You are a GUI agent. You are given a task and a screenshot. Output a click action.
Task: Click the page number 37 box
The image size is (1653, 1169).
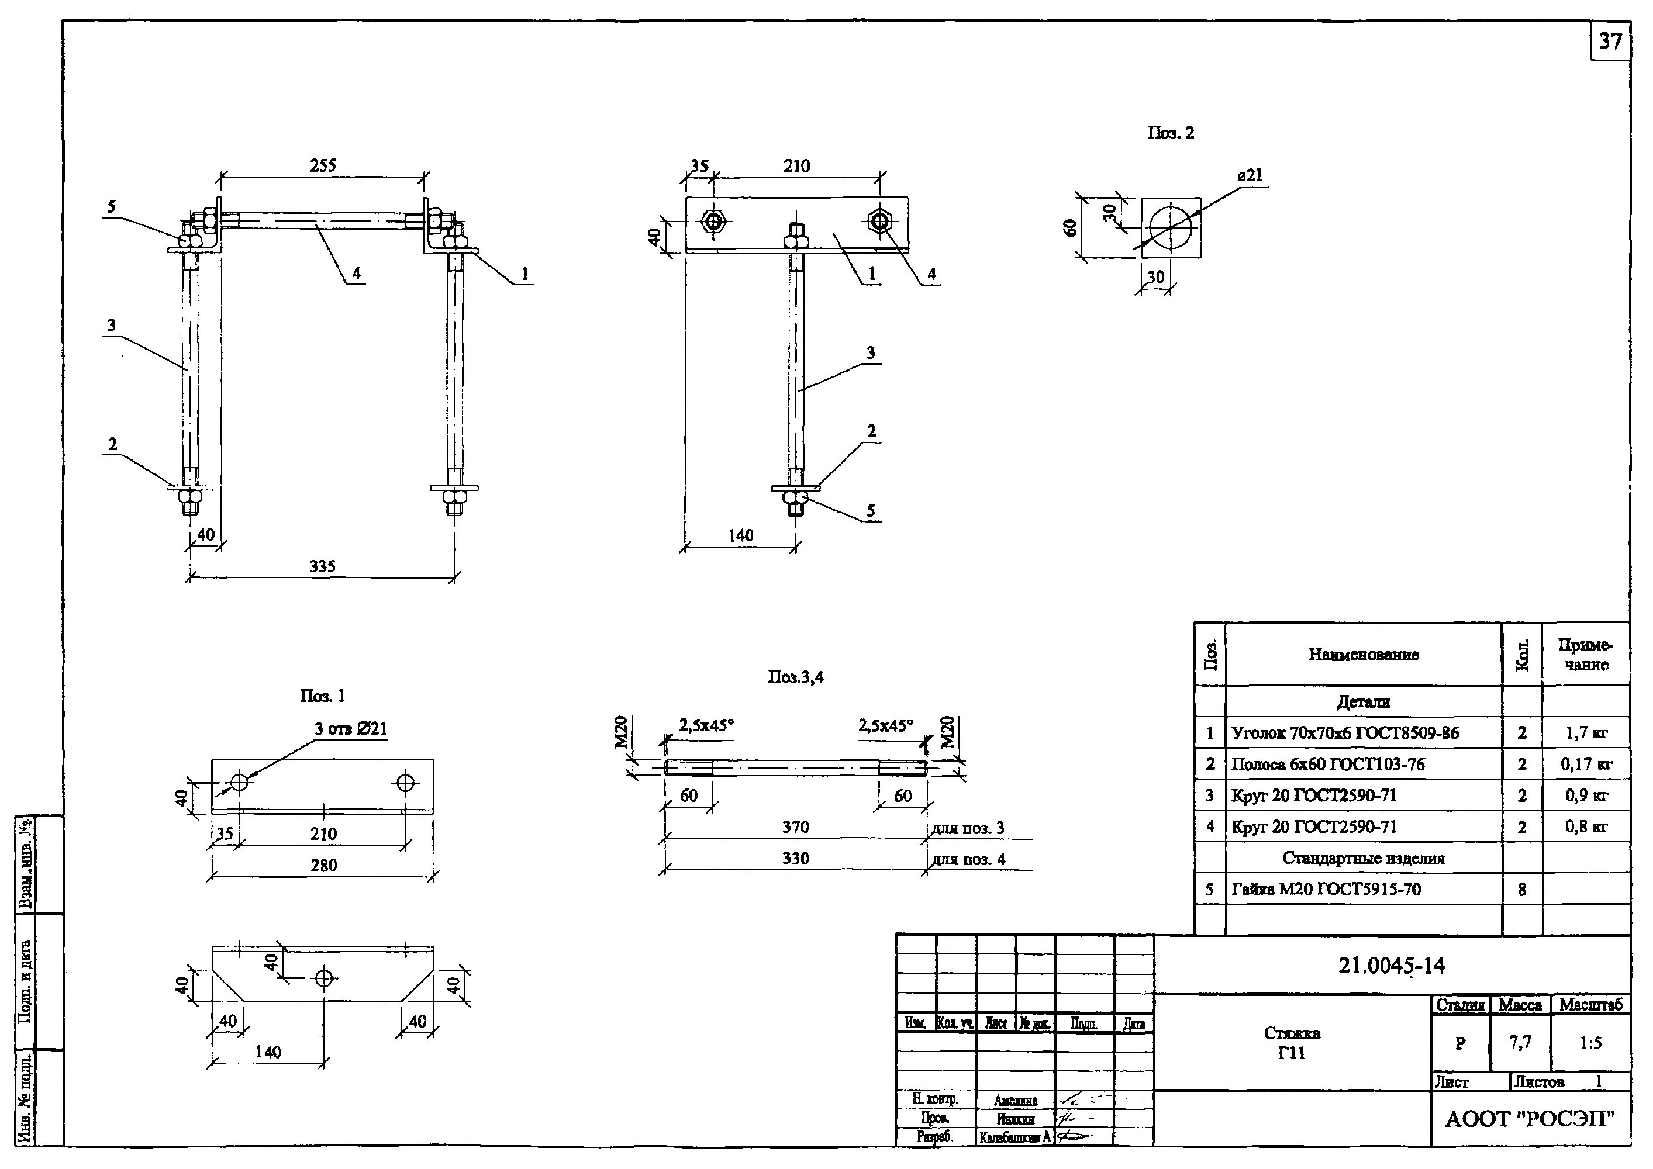coord(1610,41)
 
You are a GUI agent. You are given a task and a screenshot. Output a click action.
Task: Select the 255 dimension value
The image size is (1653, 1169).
coord(323,165)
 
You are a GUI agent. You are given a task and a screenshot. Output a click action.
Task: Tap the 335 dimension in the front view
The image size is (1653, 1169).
coord(323,566)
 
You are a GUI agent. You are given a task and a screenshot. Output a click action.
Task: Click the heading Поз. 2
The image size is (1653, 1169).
coord(1171,133)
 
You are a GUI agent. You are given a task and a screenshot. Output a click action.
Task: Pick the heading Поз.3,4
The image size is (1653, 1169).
coord(796,677)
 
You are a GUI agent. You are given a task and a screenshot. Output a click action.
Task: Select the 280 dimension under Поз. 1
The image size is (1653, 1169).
coord(323,865)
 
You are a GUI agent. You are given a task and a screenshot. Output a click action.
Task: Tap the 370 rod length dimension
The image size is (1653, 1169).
coord(796,828)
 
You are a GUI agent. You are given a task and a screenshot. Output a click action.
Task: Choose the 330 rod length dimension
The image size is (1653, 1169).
coord(796,859)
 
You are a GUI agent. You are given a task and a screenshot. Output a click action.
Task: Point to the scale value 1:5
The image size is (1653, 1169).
coord(1590,1043)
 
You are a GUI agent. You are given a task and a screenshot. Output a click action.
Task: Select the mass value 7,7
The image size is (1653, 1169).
coord(1520,1042)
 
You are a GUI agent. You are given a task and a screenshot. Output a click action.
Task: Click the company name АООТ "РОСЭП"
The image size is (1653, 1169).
coord(1530,1120)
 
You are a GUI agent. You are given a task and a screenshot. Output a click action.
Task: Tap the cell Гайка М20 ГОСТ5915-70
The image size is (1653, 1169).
coord(1326,890)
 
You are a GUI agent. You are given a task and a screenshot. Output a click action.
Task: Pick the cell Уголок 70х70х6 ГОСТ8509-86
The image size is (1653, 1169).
coord(1345,734)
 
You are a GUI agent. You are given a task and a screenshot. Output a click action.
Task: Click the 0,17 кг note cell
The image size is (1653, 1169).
coord(1586,765)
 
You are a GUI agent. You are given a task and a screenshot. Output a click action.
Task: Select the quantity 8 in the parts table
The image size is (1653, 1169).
coord(1522,890)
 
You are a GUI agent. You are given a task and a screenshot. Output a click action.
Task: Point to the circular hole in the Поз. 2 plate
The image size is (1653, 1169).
coord(1171,227)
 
